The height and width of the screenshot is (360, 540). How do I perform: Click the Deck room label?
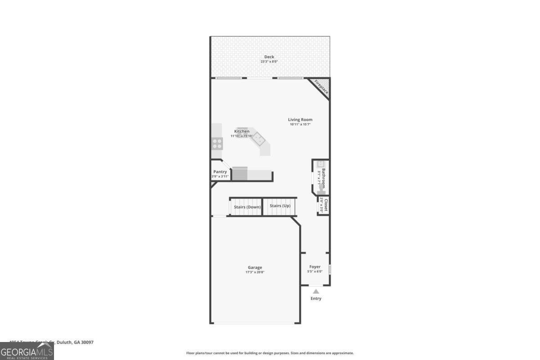269,57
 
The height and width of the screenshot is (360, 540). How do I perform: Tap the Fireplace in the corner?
321,87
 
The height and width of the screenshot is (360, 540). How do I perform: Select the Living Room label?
300,120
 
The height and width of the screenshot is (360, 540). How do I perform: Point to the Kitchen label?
242,131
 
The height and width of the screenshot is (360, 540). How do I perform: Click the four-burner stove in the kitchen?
217,144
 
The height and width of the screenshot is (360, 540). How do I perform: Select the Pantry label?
220,171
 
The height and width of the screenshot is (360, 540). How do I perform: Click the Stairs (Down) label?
247,207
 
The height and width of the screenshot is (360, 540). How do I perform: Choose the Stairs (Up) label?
280,206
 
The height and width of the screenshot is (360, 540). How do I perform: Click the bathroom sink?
321,164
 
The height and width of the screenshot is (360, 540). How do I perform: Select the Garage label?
255,267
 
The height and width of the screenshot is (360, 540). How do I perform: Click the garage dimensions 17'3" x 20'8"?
255,272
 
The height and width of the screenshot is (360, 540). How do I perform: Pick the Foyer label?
315,267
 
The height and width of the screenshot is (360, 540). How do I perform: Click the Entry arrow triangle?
316,291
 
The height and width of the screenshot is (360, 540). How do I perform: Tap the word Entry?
316,298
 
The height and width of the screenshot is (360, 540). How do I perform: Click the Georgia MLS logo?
27,351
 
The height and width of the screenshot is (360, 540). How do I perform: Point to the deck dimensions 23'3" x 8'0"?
269,62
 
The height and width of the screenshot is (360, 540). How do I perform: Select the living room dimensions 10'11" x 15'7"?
300,124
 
